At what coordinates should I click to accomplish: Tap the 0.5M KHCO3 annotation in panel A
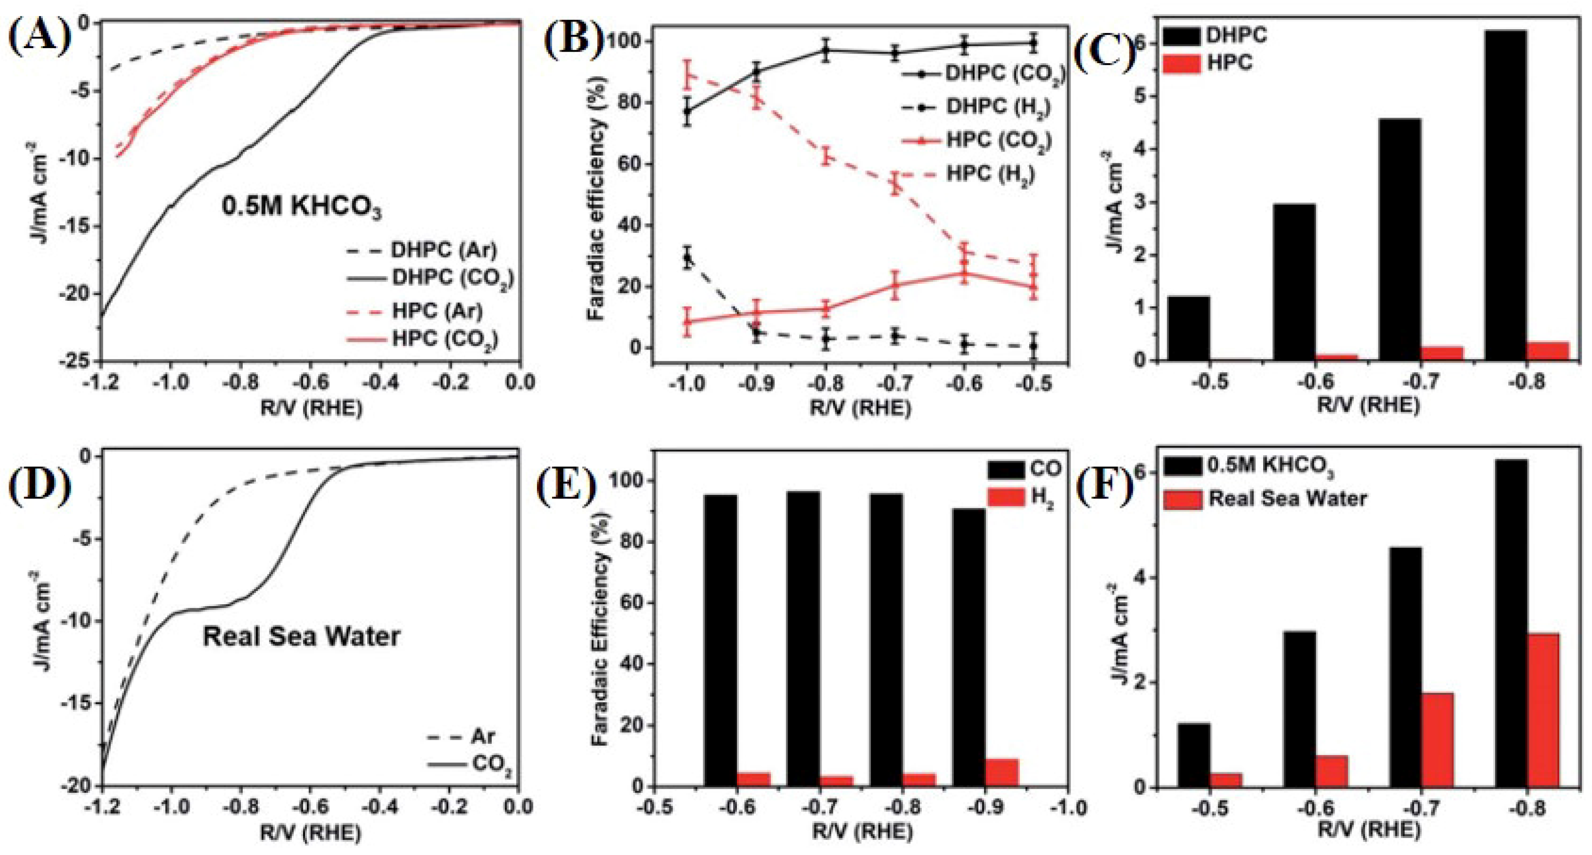[301, 208]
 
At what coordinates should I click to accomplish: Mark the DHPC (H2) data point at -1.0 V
[687, 259]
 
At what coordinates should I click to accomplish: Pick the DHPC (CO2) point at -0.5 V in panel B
[1033, 43]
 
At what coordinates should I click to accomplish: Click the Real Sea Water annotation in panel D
[301, 637]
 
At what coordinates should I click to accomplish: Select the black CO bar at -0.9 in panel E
[968, 647]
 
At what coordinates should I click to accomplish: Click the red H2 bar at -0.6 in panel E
[753, 779]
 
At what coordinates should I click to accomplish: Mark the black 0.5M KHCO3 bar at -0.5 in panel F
[1193, 755]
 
